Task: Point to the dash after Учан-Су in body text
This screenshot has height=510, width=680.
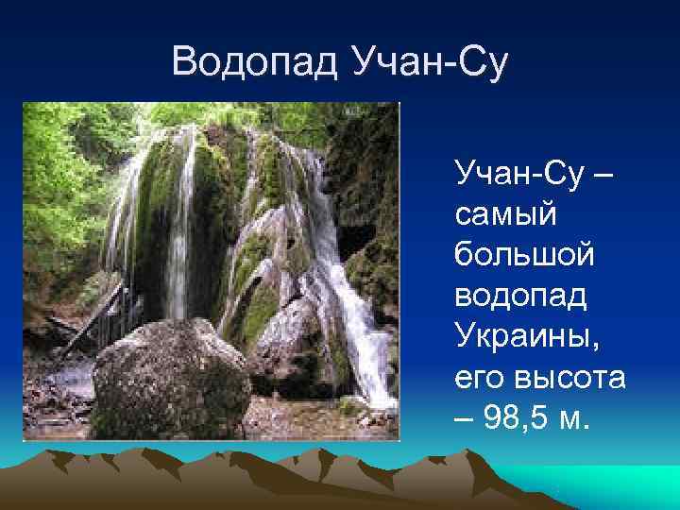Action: point(605,176)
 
